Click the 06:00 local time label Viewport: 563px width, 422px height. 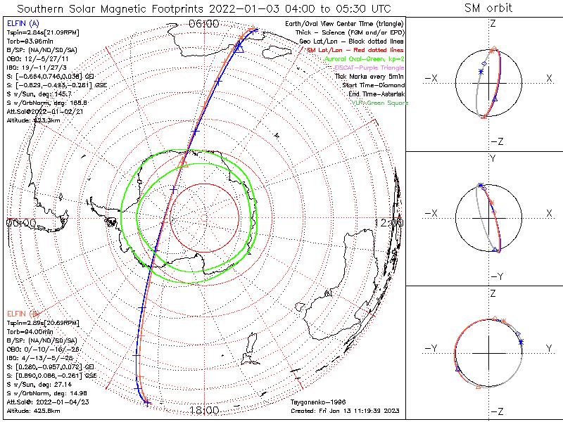pyautogui.click(x=203, y=24)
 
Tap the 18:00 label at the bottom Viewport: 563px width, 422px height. pyautogui.click(x=203, y=410)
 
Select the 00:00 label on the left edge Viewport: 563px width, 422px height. pyautogui.click(x=21, y=222)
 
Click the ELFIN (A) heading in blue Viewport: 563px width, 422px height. pyautogui.click(x=23, y=23)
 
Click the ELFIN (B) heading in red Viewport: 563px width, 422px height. pyautogui.click(x=23, y=312)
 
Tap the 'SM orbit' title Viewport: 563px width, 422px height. pyautogui.click(x=488, y=8)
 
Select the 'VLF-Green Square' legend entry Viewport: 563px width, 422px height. pyautogui.click(x=379, y=103)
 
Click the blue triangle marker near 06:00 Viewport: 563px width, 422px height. pyautogui.click(x=239, y=47)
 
